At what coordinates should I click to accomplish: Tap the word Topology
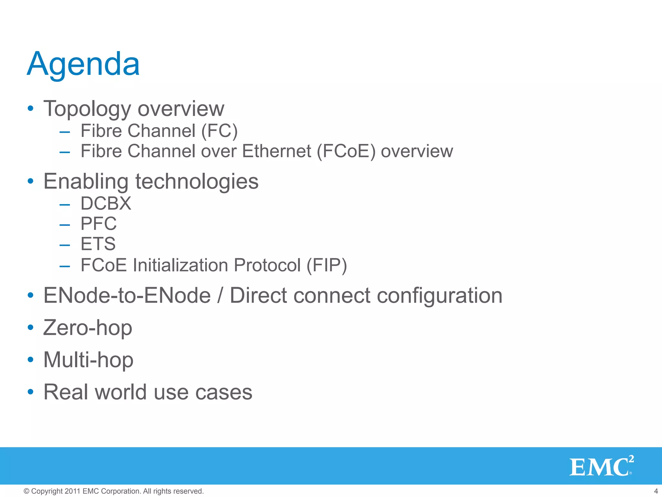(x=87, y=109)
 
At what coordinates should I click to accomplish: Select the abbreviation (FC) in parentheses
(x=219, y=131)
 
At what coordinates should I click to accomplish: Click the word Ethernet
(x=276, y=151)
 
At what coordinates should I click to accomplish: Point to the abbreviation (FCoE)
(x=346, y=151)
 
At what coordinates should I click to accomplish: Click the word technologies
(x=197, y=182)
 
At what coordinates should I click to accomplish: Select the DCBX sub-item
(x=106, y=204)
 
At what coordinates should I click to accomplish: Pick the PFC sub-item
(x=99, y=224)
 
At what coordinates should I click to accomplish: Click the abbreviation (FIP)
(x=326, y=265)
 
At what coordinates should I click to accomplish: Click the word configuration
(x=440, y=296)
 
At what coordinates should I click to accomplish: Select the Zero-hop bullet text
(x=88, y=328)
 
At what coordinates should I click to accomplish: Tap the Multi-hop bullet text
(x=88, y=360)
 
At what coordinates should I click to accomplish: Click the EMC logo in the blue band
(x=601, y=466)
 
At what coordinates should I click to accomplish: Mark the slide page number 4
(x=656, y=491)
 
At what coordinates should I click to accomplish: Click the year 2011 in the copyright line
(x=72, y=491)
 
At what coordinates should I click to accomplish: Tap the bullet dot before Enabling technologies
(x=30, y=181)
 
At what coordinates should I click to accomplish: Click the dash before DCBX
(x=65, y=205)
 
